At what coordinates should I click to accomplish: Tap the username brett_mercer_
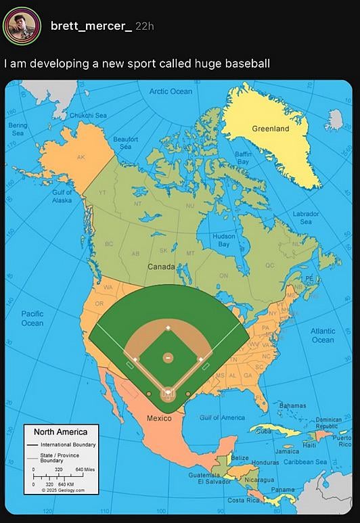(x=91, y=26)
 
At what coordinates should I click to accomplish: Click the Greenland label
(x=270, y=129)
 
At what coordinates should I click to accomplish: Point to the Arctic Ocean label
(x=171, y=91)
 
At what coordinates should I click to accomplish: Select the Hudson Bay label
(x=223, y=241)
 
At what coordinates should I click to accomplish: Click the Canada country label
(x=161, y=267)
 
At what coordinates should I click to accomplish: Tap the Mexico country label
(x=159, y=418)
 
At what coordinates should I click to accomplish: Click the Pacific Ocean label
(x=32, y=319)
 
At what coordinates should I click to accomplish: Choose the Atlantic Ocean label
(x=322, y=336)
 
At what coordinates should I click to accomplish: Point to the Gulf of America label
(x=222, y=418)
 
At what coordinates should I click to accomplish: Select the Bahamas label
(x=292, y=405)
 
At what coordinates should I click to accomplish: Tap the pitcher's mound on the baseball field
(x=168, y=357)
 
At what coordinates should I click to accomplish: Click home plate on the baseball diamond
(x=168, y=392)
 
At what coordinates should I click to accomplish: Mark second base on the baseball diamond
(x=168, y=328)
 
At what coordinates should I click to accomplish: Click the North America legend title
(x=60, y=432)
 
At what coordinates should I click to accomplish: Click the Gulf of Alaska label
(x=62, y=196)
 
